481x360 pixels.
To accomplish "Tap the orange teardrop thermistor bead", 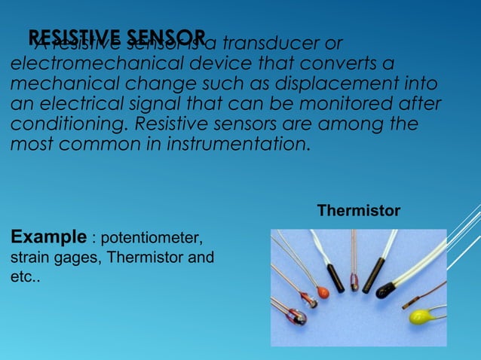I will [x=323, y=291].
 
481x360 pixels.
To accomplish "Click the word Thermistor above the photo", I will [x=358, y=211].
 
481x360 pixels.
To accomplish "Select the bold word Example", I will [x=47, y=239].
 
